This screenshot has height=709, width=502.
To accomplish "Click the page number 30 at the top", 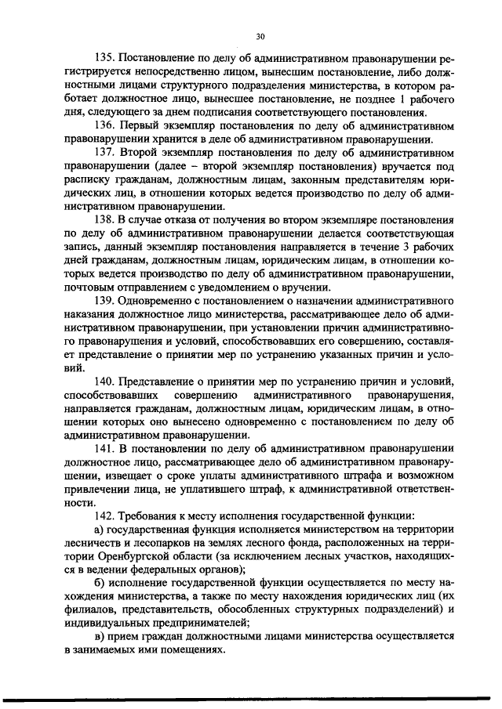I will click(260, 36).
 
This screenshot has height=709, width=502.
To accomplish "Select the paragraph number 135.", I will click(104, 59).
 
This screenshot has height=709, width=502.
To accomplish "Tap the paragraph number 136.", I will click(104, 126).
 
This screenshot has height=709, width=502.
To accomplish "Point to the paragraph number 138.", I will click(104, 221).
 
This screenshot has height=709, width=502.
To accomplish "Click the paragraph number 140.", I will click(104, 382).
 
